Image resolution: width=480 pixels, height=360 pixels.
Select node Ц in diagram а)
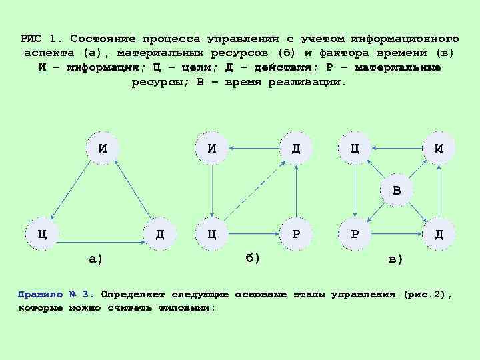coord(41,234)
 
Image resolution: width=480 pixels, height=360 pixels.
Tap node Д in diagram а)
coord(160,234)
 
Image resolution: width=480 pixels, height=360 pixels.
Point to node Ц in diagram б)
coord(211,234)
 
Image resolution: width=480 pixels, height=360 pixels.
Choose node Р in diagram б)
coord(295,234)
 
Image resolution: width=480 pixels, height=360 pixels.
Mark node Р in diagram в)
coord(355,234)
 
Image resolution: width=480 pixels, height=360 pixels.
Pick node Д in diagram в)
coord(438,234)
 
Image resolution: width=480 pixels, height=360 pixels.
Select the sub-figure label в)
coord(395,259)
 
